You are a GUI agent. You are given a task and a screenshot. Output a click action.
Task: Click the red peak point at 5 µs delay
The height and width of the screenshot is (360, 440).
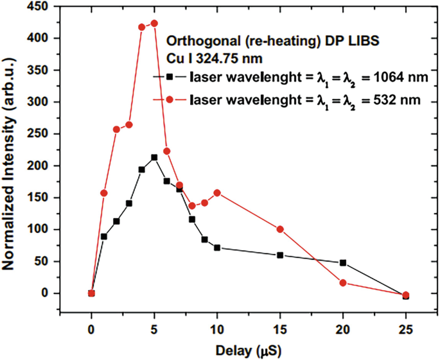point(154,23)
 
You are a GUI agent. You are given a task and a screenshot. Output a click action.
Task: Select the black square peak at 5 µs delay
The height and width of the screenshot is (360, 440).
point(154,157)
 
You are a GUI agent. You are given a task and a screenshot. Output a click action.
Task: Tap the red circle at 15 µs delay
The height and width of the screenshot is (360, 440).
point(280,229)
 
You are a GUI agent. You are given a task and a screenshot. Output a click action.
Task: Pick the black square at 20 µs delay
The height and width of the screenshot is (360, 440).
point(343,262)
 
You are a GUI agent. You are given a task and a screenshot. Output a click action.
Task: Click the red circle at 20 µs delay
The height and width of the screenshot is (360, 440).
point(343,283)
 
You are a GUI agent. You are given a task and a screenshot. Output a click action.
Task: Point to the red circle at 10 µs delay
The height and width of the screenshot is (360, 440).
point(217,193)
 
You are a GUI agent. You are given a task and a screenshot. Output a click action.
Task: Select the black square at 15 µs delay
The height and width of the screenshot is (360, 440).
point(280,255)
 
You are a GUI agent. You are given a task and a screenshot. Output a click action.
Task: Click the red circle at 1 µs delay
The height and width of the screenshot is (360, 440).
point(104,193)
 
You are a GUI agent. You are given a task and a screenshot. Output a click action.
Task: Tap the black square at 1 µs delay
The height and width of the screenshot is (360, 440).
point(104,236)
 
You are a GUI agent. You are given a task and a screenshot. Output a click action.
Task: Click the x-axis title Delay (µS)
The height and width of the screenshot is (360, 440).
point(248,350)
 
